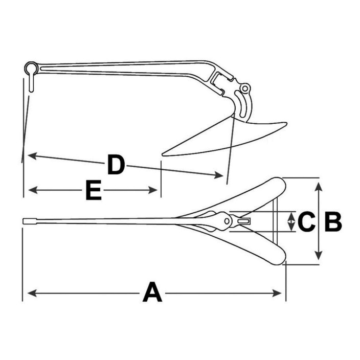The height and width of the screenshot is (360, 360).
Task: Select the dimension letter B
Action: tap(333, 222)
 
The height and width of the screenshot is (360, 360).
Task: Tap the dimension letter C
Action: tap(306, 222)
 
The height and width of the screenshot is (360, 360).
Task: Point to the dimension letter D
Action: tap(116, 164)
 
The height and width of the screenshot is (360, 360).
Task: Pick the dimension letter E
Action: tap(94, 190)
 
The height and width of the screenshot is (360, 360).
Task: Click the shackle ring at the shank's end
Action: tap(31, 67)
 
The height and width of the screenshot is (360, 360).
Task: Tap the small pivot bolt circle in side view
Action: tap(245, 88)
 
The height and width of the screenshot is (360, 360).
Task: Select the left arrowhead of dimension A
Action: tap(32, 293)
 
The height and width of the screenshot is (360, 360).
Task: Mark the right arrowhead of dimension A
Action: tap(277, 293)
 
